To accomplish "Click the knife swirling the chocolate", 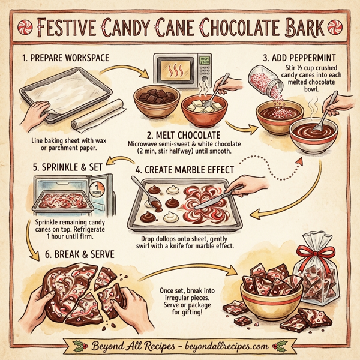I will coord(216,201).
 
